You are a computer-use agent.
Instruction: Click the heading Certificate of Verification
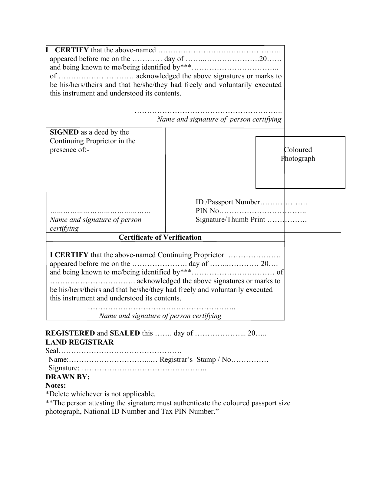click(x=160, y=237)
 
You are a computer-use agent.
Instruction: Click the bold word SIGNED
click(x=64, y=132)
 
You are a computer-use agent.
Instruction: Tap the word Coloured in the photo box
click(x=298, y=150)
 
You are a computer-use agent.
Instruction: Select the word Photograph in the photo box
click(x=298, y=158)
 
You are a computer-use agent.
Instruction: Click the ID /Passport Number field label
click(x=228, y=202)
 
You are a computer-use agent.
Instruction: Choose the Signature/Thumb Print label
click(x=230, y=220)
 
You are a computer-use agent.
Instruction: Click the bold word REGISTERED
click(x=70, y=333)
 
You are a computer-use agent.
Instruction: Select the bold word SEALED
click(x=125, y=333)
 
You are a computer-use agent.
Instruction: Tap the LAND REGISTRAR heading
click(x=80, y=342)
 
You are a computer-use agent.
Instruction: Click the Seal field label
click(x=51, y=351)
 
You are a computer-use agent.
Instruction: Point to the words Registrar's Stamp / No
click(x=195, y=360)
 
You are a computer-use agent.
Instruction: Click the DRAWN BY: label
click(x=68, y=377)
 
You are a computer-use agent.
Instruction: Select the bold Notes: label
click(x=56, y=386)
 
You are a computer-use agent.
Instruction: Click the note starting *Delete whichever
click(x=100, y=394)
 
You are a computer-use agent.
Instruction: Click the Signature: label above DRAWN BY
click(x=64, y=368)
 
